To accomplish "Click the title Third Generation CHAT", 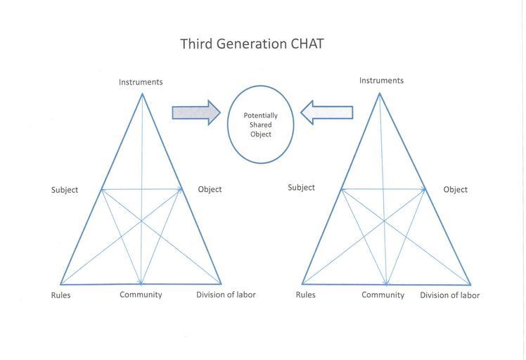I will [252, 44].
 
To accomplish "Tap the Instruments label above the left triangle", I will [141, 82].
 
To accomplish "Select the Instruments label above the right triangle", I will [381, 81].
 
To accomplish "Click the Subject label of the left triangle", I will [65, 190].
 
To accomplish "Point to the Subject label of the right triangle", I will [301, 188].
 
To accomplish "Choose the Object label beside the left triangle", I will [210, 189].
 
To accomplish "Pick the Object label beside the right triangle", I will [455, 190].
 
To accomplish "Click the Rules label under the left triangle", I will [60, 295].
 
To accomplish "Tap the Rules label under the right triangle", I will [305, 295].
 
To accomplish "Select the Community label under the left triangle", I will [141, 295].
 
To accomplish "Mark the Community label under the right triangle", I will [383, 295].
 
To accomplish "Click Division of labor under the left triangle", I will [226, 295].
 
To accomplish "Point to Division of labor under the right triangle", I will [449, 295].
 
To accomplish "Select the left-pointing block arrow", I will [326, 112].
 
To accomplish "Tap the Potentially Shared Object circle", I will [260, 124].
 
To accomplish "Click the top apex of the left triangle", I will [142, 94].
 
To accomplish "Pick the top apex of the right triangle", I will [380, 93].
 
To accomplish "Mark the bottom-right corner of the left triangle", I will [222, 283].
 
